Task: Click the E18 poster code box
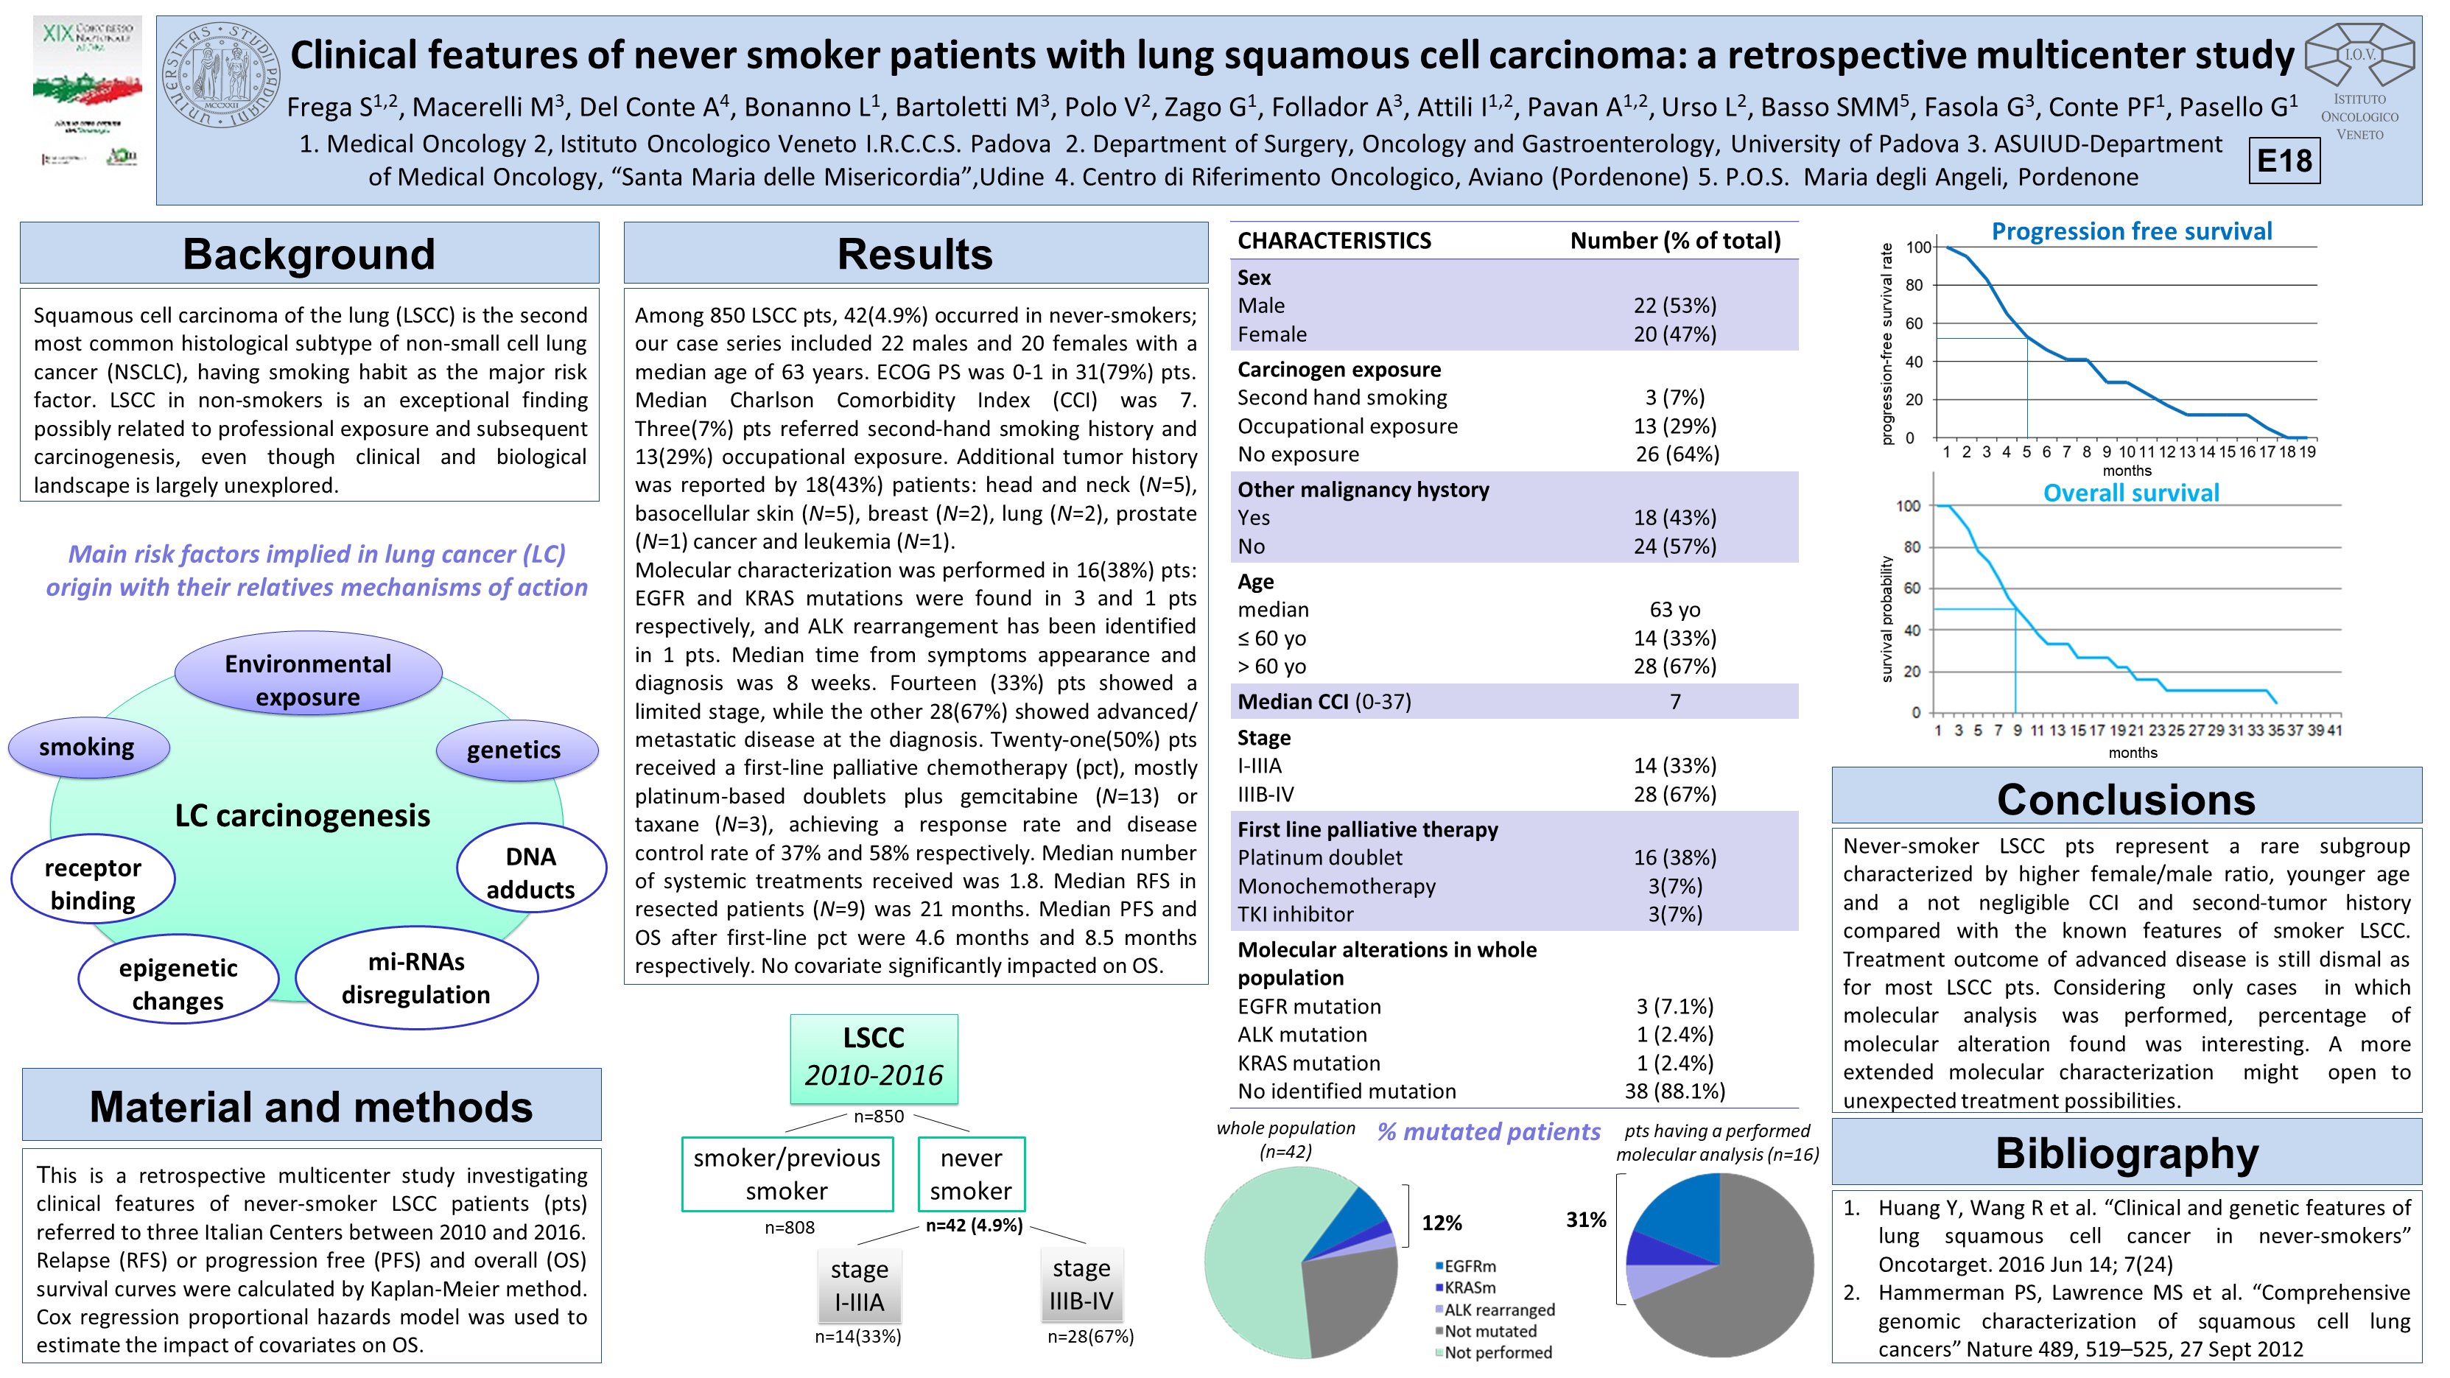[x=2284, y=161]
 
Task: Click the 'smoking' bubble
[x=88, y=748]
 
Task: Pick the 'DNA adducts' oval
[x=530, y=872]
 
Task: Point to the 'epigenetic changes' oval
[x=178, y=983]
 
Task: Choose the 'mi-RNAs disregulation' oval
[x=417, y=977]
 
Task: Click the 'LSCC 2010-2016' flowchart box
[x=873, y=1058]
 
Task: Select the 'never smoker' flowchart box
[x=970, y=1175]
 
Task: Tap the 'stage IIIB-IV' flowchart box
[x=1081, y=1284]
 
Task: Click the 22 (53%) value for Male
[x=1675, y=305]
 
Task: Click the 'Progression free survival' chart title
[x=2131, y=231]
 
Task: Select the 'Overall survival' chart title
[x=2130, y=493]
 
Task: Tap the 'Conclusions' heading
[x=2126, y=799]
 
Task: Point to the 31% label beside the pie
[x=1585, y=1219]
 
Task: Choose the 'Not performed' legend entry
[x=1497, y=1352]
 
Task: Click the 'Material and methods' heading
[x=311, y=1106]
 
